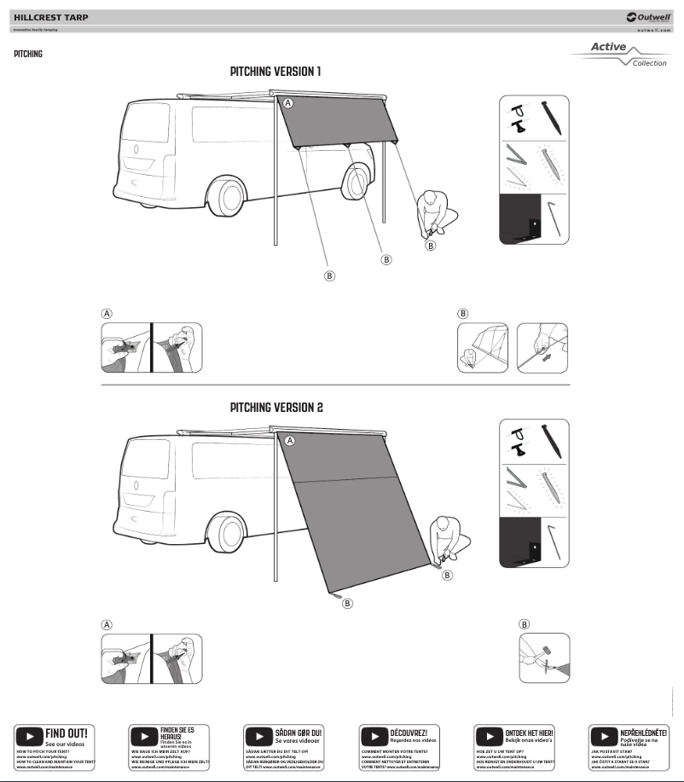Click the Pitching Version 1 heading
pyautogui.click(x=275, y=72)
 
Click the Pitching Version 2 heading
pyautogui.click(x=275, y=408)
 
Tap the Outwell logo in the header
pyautogui.click(x=647, y=17)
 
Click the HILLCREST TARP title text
pyautogui.click(x=50, y=17)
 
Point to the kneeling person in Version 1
pyautogui.click(x=434, y=213)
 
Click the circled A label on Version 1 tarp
pyautogui.click(x=288, y=103)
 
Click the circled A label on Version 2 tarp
pyautogui.click(x=290, y=441)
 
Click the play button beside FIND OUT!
pyautogui.click(x=30, y=736)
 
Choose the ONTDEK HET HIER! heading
pyautogui.click(x=529, y=733)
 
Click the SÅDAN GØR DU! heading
pyautogui.click(x=298, y=733)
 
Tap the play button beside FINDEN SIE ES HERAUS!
pyautogui.click(x=144, y=736)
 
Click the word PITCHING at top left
pyautogui.click(x=28, y=55)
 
